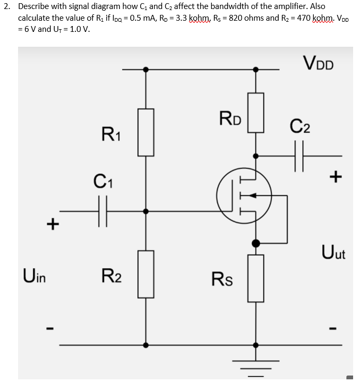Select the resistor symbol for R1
(146, 132)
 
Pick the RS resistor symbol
(256, 278)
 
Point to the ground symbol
(256, 367)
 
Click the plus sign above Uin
(52, 224)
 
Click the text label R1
(112, 134)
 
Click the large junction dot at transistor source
(256, 243)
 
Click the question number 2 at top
(5, 6)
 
